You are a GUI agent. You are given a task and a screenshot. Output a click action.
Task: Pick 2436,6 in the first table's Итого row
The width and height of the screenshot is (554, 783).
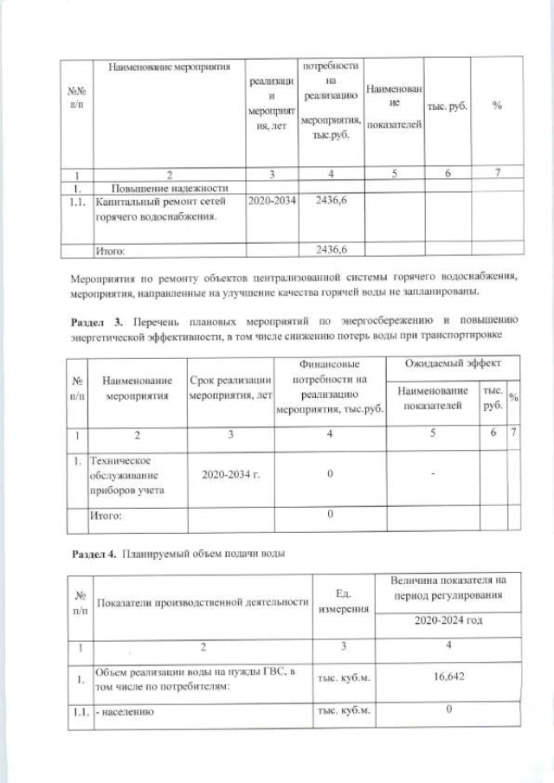click(332, 251)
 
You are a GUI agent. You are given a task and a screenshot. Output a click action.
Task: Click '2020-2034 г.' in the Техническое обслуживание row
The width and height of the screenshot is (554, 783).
click(230, 475)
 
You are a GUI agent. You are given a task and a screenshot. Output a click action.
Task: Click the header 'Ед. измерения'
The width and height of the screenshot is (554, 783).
click(341, 603)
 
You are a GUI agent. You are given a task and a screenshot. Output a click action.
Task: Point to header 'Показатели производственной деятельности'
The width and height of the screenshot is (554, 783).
click(201, 602)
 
